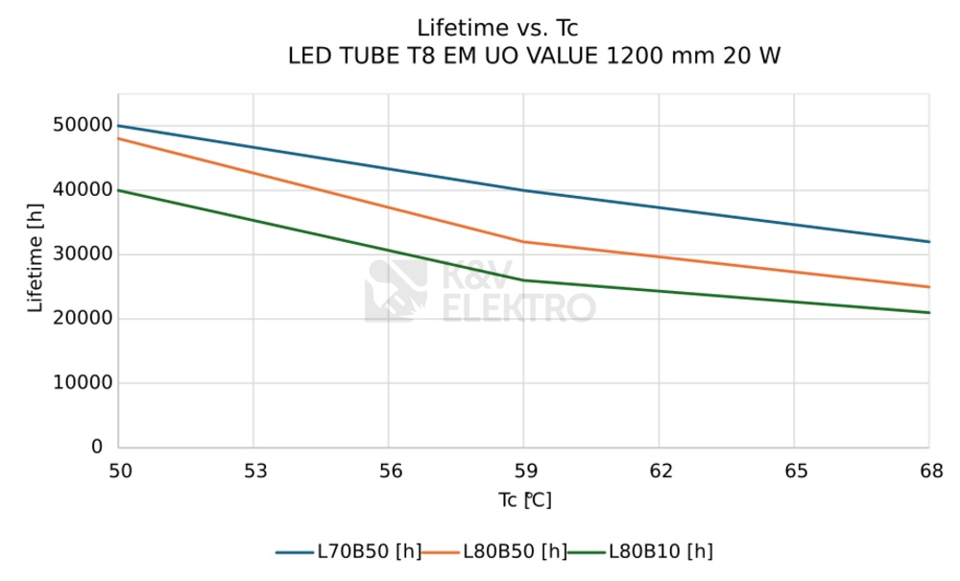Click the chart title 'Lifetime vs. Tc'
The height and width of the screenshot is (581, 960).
[x=497, y=28]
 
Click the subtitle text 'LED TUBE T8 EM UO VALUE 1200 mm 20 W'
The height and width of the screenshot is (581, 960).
[x=534, y=57]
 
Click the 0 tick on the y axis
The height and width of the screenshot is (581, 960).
[x=97, y=448]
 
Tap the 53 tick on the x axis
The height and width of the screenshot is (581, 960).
[x=252, y=472]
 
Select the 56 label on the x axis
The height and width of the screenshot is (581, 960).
[x=388, y=472]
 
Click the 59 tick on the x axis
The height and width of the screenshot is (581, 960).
[x=523, y=472]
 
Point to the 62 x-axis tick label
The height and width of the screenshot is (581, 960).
[x=660, y=472]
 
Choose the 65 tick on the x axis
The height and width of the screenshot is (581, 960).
[x=795, y=472]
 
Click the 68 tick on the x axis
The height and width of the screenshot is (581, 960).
[x=929, y=472]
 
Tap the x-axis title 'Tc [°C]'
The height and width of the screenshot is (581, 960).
[x=524, y=501]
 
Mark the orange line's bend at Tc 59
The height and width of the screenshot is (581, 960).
[x=523, y=242]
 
